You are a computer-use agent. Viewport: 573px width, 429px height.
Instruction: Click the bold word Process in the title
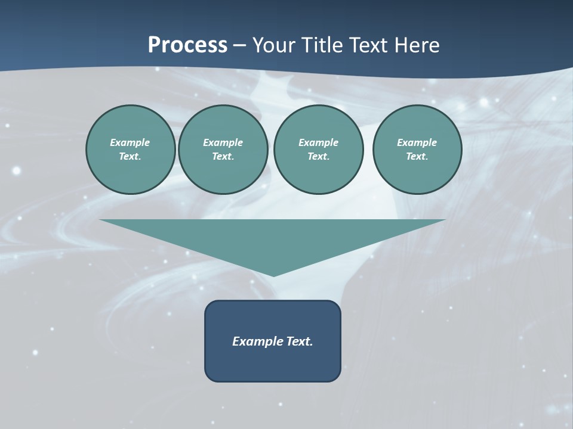[x=187, y=45]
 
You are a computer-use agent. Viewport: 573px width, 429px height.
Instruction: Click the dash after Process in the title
[x=240, y=46]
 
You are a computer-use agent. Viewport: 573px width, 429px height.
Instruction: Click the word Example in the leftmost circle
[x=130, y=142]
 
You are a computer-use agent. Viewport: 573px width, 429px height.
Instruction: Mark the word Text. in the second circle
[x=223, y=157]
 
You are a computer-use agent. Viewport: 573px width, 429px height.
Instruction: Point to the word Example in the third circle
[x=318, y=142]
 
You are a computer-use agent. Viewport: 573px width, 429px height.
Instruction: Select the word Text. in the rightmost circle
[x=417, y=157]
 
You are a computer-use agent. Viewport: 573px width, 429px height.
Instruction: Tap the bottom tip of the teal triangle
[x=273, y=275]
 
